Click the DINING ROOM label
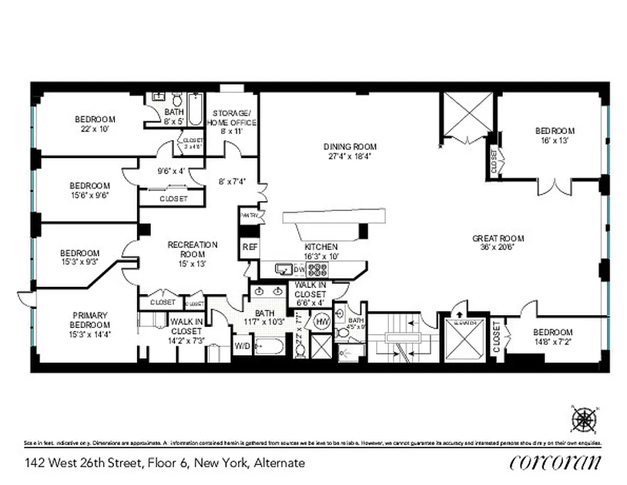click(x=350, y=150)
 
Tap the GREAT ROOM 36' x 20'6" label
click(x=498, y=242)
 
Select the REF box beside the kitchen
click(x=250, y=247)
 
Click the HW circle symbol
click(x=321, y=322)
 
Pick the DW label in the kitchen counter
click(x=299, y=269)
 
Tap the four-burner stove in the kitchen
click(x=317, y=270)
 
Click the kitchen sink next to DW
click(x=283, y=269)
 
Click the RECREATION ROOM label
click(x=192, y=249)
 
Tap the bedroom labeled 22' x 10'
click(x=95, y=124)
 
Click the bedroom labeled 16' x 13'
click(x=554, y=135)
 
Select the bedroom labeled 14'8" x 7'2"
click(x=552, y=336)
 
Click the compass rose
click(x=583, y=420)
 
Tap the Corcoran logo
click(x=556, y=462)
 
